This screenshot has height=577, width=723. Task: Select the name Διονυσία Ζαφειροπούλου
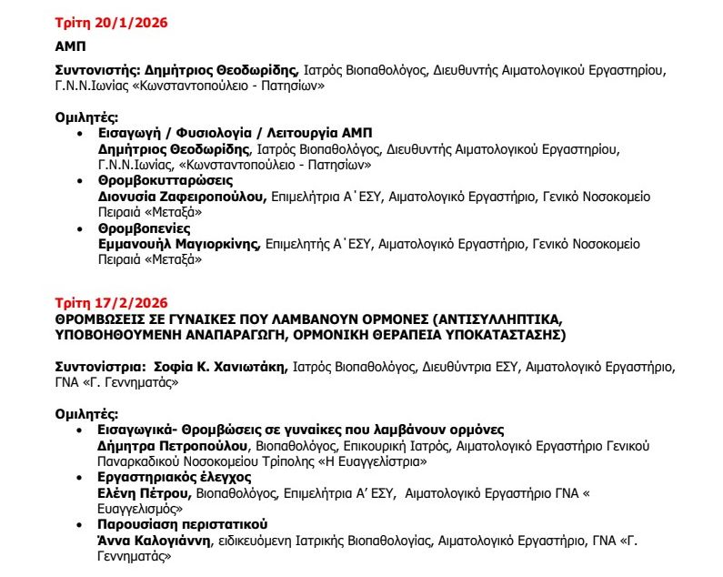181,197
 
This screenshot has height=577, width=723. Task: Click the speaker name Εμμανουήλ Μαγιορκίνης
178,245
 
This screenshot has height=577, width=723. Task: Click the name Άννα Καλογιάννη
155,541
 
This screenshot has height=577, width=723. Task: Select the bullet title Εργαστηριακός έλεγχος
162,478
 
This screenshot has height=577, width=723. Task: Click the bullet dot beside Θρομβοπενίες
82,230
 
